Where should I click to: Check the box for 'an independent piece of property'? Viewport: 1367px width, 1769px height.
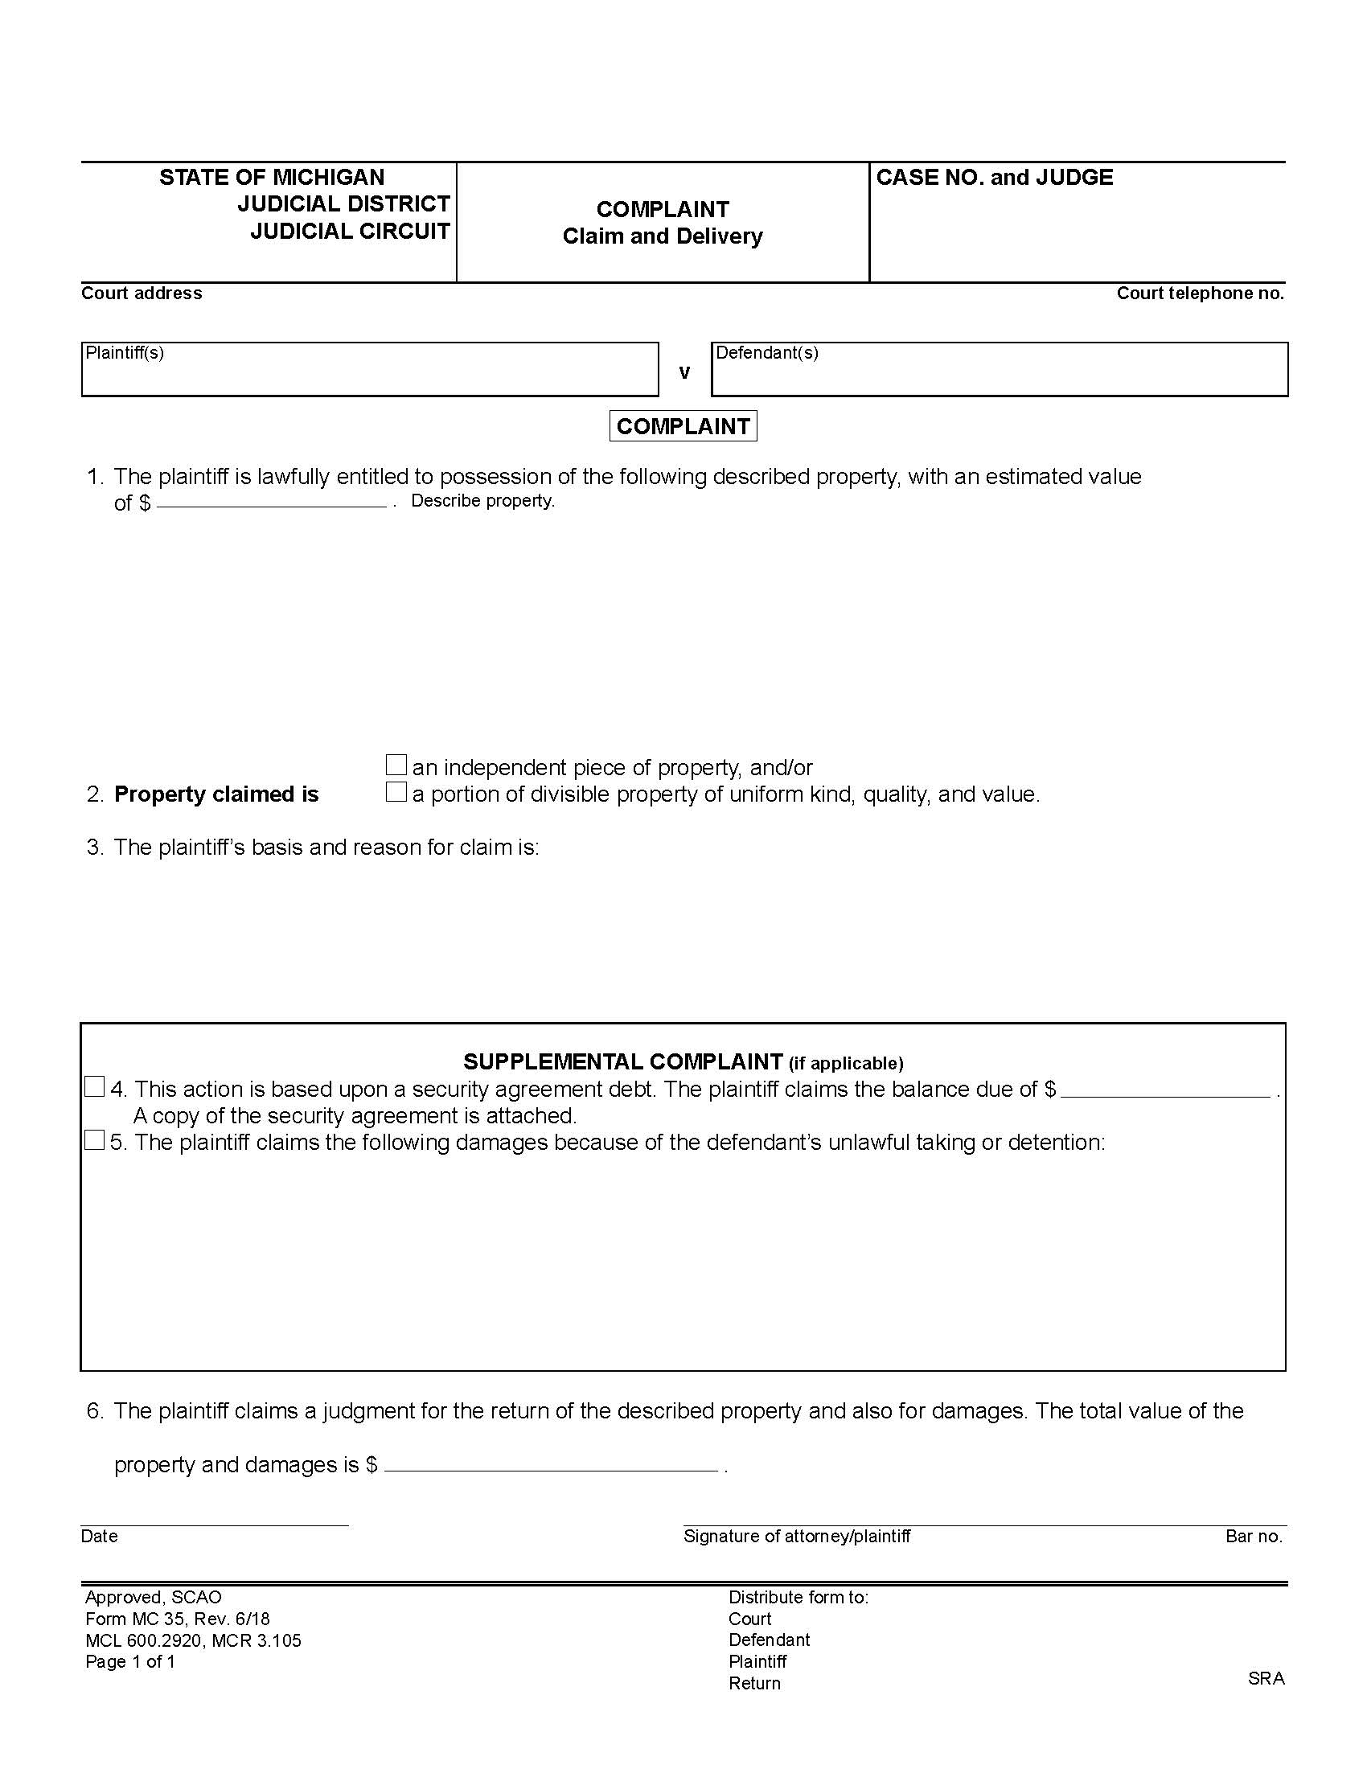tap(395, 765)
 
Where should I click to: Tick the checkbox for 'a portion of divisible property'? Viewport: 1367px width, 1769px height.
tap(395, 791)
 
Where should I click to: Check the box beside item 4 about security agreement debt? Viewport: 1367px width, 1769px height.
tap(95, 1087)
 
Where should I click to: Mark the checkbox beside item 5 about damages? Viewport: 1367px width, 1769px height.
tap(95, 1140)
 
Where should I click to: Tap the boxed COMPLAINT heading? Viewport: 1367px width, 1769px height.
tap(683, 426)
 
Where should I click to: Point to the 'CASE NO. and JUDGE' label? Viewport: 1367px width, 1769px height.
tap(994, 178)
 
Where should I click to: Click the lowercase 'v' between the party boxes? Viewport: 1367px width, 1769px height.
tap(684, 372)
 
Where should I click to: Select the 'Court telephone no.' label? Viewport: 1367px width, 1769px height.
tap(1200, 293)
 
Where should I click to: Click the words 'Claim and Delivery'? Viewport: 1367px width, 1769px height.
tap(663, 236)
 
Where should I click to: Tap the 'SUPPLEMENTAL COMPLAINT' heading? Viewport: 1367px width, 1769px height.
tap(622, 1061)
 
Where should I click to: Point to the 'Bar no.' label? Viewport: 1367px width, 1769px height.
tap(1253, 1537)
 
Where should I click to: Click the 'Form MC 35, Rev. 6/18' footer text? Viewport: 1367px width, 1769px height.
tap(178, 1619)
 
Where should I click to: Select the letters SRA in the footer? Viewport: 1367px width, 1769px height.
tap(1266, 1678)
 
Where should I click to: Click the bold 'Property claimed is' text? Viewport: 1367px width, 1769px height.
tap(216, 794)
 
